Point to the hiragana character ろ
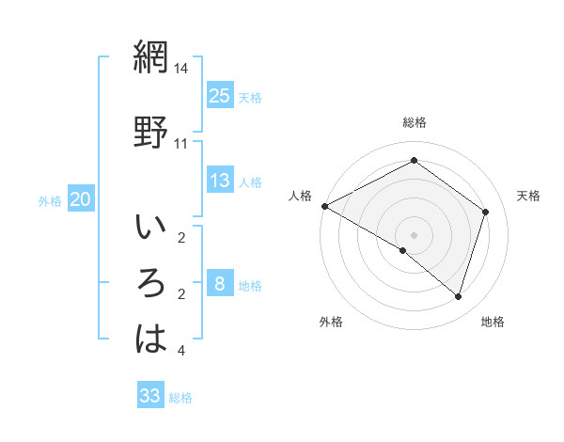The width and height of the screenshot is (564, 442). (x=150, y=283)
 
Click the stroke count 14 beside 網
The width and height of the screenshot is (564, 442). (x=181, y=70)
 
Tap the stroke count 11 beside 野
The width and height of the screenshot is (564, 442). (x=181, y=144)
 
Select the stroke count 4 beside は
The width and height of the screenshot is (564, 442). (x=181, y=351)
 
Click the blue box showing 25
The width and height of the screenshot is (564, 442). (x=219, y=95)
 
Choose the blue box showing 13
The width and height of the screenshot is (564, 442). (x=219, y=181)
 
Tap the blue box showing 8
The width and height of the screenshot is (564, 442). (x=219, y=284)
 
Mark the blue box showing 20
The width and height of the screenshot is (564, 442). (x=81, y=198)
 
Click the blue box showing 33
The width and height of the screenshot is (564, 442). (x=150, y=396)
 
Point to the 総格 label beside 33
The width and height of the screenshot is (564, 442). (x=180, y=398)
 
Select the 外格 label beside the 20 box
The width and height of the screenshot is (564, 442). (x=50, y=200)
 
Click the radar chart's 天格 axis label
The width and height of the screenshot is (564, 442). (x=528, y=196)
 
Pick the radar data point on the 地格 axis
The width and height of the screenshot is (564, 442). (x=458, y=296)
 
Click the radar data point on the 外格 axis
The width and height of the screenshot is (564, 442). (x=403, y=250)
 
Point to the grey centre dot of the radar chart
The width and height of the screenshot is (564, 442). (x=414, y=234)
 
